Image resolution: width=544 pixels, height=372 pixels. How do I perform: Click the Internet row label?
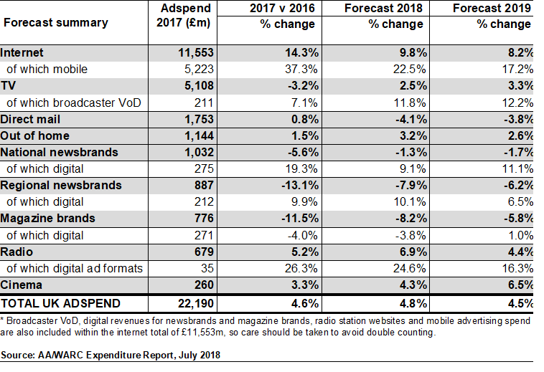22,52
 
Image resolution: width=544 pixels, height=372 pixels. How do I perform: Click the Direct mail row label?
30,119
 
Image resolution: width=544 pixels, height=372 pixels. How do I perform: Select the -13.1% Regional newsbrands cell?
296,185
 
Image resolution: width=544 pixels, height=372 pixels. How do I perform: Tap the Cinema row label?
21,285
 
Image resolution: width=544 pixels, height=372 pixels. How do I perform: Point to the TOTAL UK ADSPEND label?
60,302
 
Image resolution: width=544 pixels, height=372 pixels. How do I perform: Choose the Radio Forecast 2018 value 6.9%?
412,252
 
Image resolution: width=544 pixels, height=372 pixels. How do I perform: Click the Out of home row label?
35,135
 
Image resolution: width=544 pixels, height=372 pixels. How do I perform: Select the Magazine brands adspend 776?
205,218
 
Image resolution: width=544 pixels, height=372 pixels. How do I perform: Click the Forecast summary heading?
56,22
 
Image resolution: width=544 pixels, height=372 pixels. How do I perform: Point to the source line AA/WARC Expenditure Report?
111,355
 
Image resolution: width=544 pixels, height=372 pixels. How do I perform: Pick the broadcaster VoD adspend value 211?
205,102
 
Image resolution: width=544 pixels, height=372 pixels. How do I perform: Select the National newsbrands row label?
59,152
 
